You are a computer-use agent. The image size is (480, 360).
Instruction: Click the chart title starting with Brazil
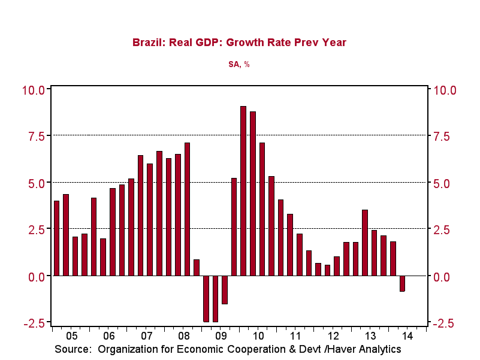click(x=239, y=43)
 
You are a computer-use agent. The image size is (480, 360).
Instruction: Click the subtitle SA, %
click(x=239, y=64)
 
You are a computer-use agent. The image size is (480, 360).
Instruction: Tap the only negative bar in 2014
click(x=402, y=283)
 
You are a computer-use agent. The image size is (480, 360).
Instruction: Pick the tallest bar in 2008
click(x=187, y=209)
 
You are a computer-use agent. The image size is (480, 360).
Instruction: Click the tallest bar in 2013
click(x=365, y=243)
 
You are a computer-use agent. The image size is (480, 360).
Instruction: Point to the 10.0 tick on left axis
click(x=34, y=90)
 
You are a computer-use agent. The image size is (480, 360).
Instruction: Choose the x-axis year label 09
click(x=221, y=337)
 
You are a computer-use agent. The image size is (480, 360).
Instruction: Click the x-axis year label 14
click(x=407, y=337)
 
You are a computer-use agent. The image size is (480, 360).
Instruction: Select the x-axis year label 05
click(x=71, y=337)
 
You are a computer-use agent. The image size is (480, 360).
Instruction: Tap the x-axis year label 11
click(x=295, y=337)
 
